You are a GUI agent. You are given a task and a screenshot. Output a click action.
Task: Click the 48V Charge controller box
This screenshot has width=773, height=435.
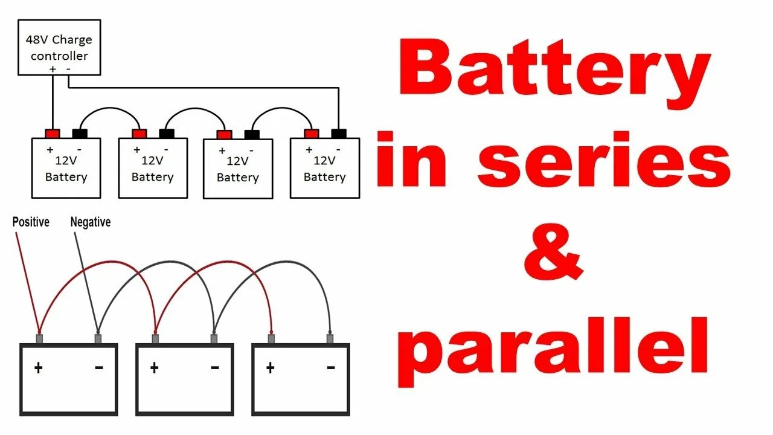pos(59,48)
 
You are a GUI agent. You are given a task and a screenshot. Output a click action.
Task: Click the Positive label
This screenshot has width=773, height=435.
pos(31,222)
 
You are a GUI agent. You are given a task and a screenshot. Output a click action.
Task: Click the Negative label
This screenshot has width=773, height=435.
pos(91,222)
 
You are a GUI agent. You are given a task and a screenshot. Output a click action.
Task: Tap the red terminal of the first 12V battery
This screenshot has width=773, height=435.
pos(53,134)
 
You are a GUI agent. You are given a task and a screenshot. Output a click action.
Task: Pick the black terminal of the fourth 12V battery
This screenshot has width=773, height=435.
pos(339,134)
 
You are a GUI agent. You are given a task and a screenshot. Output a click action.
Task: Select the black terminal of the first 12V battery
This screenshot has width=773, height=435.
pos(80,134)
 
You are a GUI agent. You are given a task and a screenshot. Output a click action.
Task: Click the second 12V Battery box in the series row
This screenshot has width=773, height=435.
pos(153,168)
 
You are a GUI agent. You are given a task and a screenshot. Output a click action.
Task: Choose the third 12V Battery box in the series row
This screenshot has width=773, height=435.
pos(238,169)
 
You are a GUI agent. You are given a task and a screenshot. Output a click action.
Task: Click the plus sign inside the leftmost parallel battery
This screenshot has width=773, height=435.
pos(38,367)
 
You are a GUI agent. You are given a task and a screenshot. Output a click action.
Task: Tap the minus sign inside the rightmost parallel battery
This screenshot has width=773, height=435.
pos(330,367)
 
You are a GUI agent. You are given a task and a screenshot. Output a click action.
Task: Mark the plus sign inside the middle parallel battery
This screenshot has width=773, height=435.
pos(154,367)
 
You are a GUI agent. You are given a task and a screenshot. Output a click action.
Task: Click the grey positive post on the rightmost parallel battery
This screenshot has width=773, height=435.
pos(271,339)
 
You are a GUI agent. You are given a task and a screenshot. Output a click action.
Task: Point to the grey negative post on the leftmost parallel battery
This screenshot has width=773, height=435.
pos(98,339)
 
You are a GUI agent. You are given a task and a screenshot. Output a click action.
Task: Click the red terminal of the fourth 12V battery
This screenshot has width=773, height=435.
pos(312,134)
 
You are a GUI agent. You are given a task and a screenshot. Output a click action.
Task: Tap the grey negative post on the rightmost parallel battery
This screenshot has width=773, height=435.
pos(330,339)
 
